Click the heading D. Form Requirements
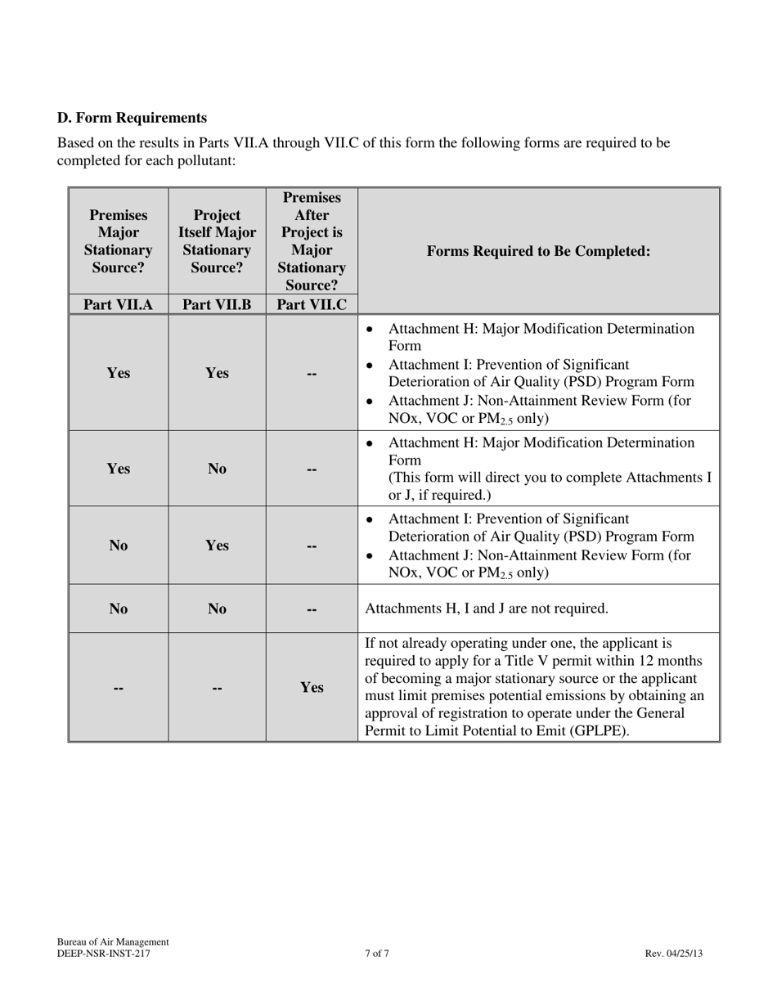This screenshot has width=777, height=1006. pos(132,118)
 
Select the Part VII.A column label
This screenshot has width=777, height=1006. pos(119,304)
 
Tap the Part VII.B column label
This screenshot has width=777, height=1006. pos(217,304)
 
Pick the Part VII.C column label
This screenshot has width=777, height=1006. pos(312,304)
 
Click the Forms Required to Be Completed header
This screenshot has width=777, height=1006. pos(539,251)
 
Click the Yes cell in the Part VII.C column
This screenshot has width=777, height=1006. pos(312,688)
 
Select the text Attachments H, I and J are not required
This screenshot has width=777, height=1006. pos(486,609)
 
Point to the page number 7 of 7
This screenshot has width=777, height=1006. pos(377,953)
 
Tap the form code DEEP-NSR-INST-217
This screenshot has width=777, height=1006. pos(104,953)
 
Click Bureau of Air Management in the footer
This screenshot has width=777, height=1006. pos(113,941)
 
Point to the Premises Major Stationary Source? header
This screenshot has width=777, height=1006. pos(119,242)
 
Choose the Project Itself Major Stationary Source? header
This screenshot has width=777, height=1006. pos(217,242)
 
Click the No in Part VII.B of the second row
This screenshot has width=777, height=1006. pos(217,469)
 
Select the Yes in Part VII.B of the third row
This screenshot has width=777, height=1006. pos(217,546)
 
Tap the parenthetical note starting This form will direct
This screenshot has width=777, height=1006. pos(549,486)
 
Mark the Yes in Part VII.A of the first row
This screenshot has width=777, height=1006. pos(119,373)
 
